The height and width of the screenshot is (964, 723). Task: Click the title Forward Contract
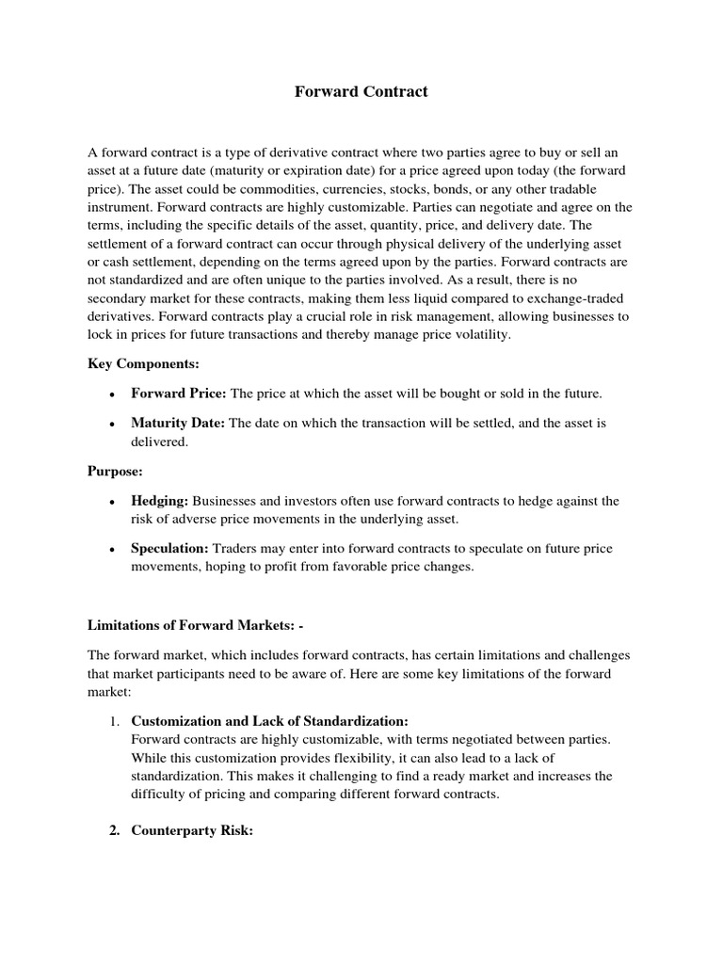[x=361, y=91]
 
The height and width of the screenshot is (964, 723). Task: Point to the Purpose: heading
[x=115, y=471]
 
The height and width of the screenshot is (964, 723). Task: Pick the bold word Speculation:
[x=170, y=548]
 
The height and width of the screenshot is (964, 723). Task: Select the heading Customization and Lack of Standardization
[x=269, y=720]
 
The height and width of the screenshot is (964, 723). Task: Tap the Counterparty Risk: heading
[x=192, y=831]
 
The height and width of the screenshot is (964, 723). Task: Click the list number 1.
[x=113, y=721]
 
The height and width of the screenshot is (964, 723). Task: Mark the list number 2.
[x=113, y=831]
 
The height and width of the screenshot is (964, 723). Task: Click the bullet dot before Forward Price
[x=112, y=395]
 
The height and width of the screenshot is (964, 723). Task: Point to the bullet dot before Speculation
[x=112, y=550]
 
